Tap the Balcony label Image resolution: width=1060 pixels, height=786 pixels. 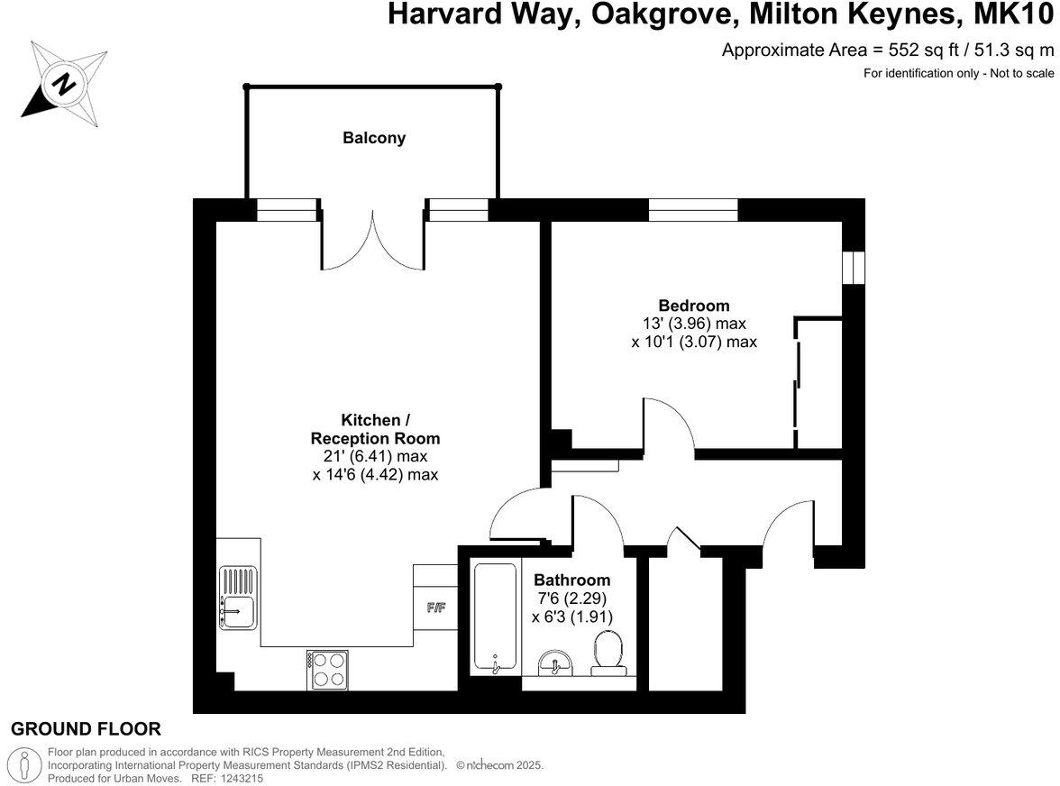pos(373,138)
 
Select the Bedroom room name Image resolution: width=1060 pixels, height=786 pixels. pos(693,306)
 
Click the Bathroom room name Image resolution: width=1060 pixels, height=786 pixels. pos(571,580)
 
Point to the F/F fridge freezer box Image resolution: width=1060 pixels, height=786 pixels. pos(436,607)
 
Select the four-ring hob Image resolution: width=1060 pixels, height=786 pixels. pos(328,670)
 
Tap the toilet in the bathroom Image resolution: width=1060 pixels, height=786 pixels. pos(608,653)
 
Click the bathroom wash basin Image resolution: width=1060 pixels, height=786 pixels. pos(553,665)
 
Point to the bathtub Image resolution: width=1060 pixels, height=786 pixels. pos(495,618)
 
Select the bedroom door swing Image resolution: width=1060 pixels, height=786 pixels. pos(669,424)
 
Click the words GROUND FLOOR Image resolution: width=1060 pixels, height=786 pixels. pos(86,729)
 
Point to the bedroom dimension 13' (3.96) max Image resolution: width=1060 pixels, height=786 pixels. pos(693,324)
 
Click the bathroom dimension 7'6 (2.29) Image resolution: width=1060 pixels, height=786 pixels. pos(571,598)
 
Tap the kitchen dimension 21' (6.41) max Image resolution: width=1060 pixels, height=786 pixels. pos(375,456)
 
